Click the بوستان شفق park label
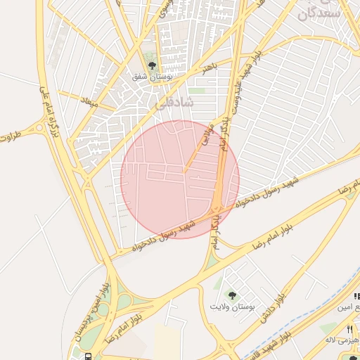[153, 75]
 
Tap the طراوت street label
[11, 134]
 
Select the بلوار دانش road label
[274, 309]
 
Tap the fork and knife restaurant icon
[349, 330]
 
